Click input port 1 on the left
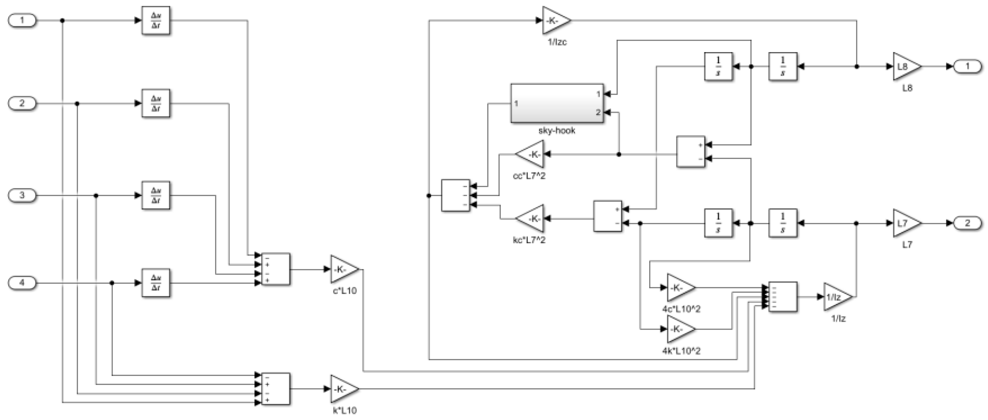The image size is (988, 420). tap(22, 20)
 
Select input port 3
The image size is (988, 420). tap(22, 195)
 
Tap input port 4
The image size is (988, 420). tap(22, 283)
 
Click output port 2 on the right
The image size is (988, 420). tap(967, 223)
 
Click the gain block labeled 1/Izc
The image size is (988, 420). tap(555, 20)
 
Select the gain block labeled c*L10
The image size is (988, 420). tap(343, 269)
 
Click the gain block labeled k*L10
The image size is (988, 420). tap(343, 389)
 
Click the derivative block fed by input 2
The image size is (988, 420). tap(156, 104)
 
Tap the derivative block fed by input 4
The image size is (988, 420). tap(156, 283)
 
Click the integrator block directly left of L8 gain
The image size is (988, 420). tap(783, 66)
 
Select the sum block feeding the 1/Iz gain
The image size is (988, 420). tap(783, 297)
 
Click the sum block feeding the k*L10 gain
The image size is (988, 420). tap(275, 389)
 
